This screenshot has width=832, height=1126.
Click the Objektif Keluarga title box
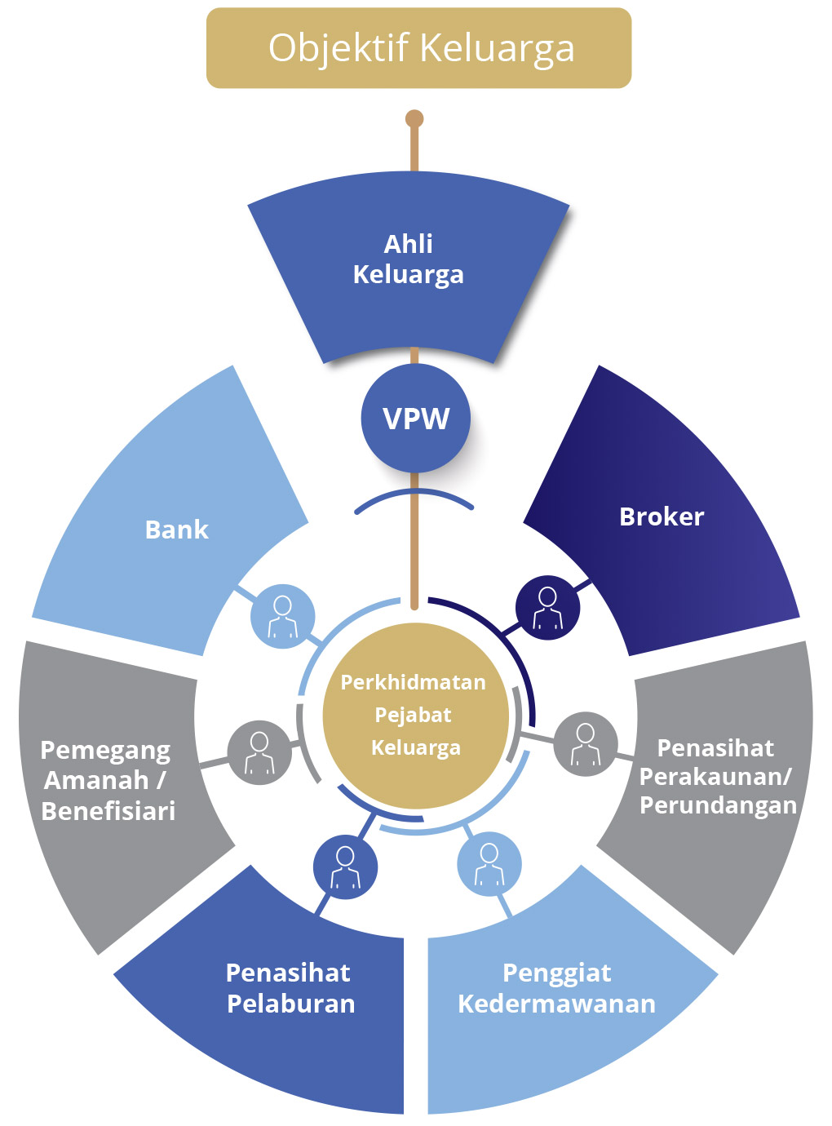[x=418, y=48]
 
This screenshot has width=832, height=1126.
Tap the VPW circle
[x=416, y=419]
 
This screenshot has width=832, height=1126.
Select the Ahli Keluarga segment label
[x=408, y=259]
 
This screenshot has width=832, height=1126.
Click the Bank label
[x=176, y=530]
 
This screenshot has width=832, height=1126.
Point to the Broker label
[x=662, y=516]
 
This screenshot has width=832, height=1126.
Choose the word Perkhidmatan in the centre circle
[x=413, y=682]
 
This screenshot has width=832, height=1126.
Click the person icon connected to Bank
[x=282, y=616]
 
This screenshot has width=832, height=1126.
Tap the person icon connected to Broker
[x=548, y=608]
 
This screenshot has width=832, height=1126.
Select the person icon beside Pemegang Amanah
[x=259, y=752]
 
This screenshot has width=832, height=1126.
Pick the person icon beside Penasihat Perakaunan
[x=586, y=743]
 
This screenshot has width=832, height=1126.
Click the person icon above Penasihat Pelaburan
[x=345, y=867]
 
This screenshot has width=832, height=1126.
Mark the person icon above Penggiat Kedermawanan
[x=489, y=864]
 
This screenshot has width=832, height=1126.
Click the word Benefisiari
[x=108, y=811]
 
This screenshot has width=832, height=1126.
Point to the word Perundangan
[x=718, y=805]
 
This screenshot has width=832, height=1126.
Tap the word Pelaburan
[x=291, y=1004]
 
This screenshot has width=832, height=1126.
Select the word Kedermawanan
[x=556, y=1004]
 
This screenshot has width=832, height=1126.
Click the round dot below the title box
[x=414, y=119]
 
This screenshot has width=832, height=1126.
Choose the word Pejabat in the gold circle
[x=413, y=716]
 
